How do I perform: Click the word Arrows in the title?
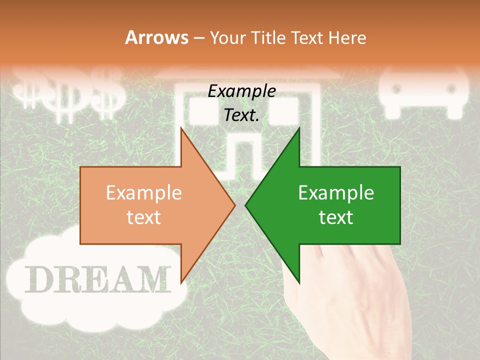tap(156, 37)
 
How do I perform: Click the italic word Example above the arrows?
tap(242, 91)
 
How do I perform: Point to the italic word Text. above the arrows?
tap(242, 115)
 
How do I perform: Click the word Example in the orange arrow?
tap(144, 193)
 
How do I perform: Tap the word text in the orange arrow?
tap(144, 217)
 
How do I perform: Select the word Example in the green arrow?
tap(336, 193)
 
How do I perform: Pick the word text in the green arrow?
tap(336, 217)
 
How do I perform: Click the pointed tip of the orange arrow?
tap(234, 205)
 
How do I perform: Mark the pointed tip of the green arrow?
tap(246, 205)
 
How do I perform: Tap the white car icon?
tap(425, 90)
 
